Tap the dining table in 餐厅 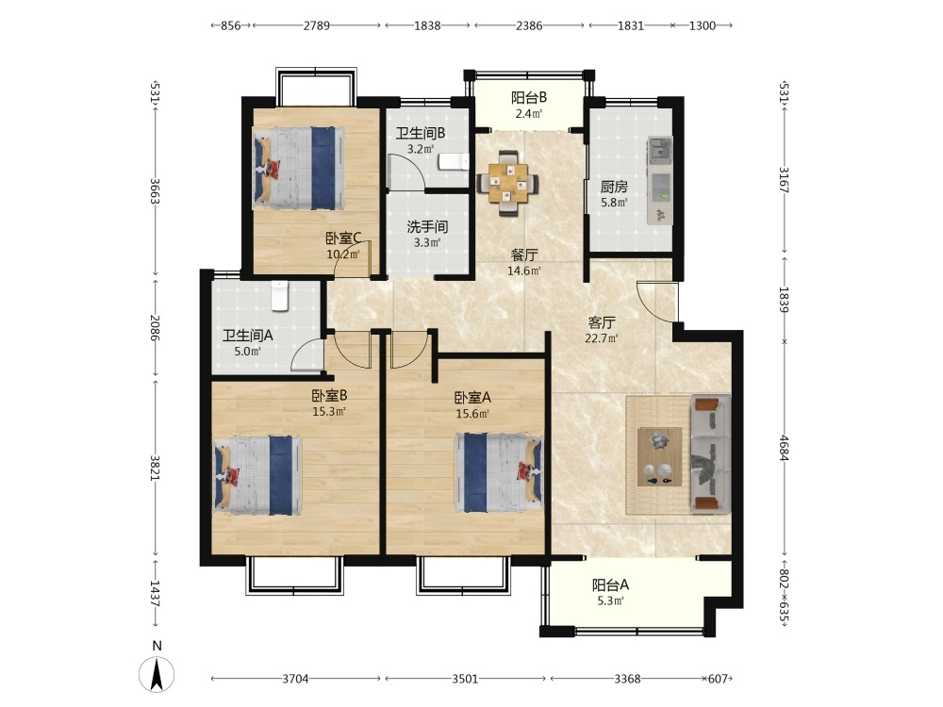(x=508, y=183)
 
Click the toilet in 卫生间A (x=280, y=295)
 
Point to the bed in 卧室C (x=298, y=168)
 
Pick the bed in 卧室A (x=499, y=472)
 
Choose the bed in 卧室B (x=257, y=475)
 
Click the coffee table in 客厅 (x=660, y=456)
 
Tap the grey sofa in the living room (x=711, y=454)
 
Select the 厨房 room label (x=614, y=187)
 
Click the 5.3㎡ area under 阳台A (x=609, y=600)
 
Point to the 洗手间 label (x=427, y=226)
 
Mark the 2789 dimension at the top (x=316, y=25)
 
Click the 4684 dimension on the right (x=784, y=448)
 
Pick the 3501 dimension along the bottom (x=465, y=679)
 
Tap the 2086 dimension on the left (x=156, y=328)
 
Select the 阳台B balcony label (x=529, y=97)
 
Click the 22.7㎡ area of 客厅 (x=601, y=337)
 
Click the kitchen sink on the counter (x=660, y=149)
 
